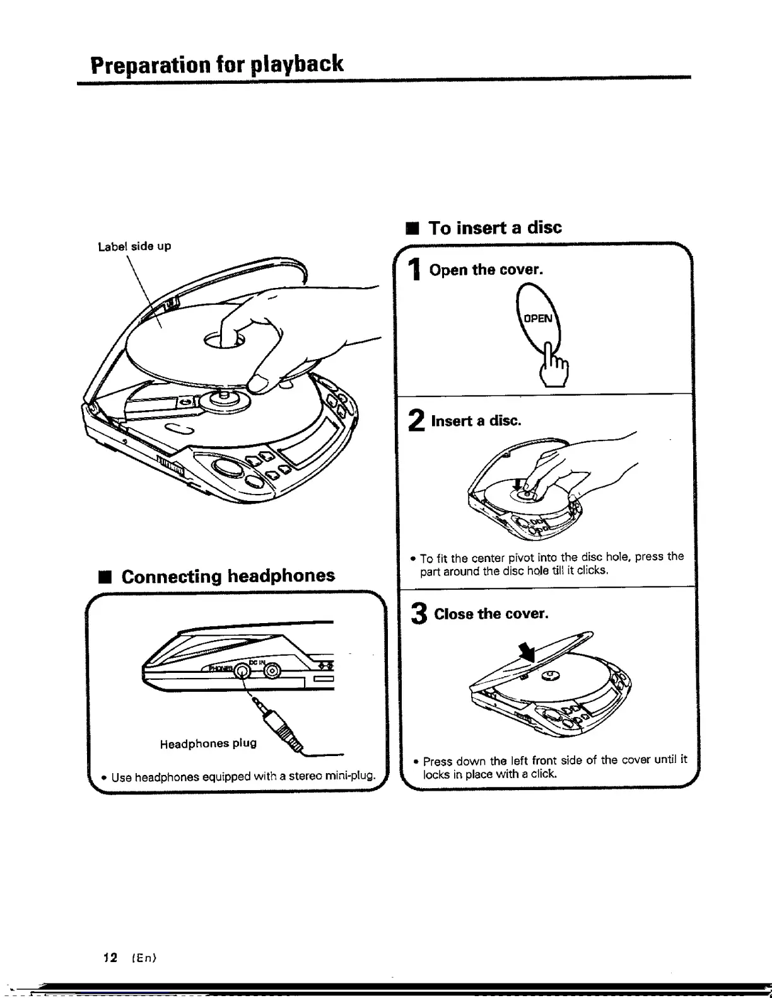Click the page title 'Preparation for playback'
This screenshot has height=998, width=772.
pos(217,64)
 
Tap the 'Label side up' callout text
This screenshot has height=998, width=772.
pos(134,246)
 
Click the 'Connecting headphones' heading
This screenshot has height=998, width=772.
pos(228,576)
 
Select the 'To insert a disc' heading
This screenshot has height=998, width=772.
pos(494,227)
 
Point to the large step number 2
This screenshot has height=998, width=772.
pos(416,421)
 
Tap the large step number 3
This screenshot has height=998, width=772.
pos(419,614)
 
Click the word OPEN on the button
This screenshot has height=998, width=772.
pos(538,318)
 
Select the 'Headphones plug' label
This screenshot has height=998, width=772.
pos(208,743)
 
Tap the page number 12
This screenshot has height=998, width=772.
pos(110,958)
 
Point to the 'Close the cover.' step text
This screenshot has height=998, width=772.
pos(491,614)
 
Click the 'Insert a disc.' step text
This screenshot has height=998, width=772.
pos(476,421)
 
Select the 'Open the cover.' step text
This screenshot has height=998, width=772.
pos(486,270)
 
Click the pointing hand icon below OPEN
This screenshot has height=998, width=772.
pos(555,367)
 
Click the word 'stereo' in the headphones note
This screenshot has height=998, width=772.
pos(302,776)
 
